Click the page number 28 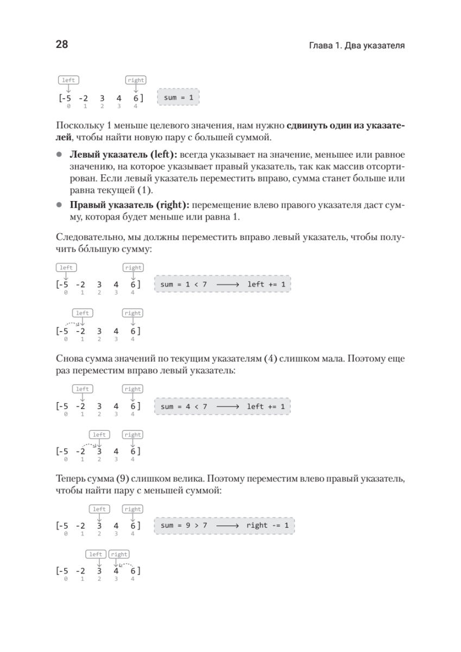tap(61, 45)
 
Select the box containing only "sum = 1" tap(178, 98)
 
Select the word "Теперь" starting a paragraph tap(70, 478)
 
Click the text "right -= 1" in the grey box tap(267, 525)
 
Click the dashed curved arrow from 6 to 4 tap(126, 565)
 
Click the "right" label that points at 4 tap(119, 554)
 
